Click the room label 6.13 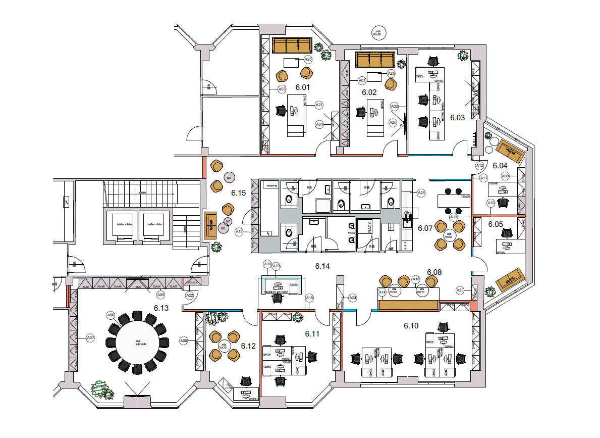161,307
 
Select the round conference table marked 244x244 137,342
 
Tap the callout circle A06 111,315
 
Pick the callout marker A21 319,105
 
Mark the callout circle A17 239,232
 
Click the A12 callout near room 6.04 479,165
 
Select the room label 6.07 425,228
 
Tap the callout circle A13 453,217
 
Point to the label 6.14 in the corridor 322,266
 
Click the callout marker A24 353,298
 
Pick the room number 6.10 411,326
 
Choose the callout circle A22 190,295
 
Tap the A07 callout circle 90,337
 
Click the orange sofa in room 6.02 374,60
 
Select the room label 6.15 238,192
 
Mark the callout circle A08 184,342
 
